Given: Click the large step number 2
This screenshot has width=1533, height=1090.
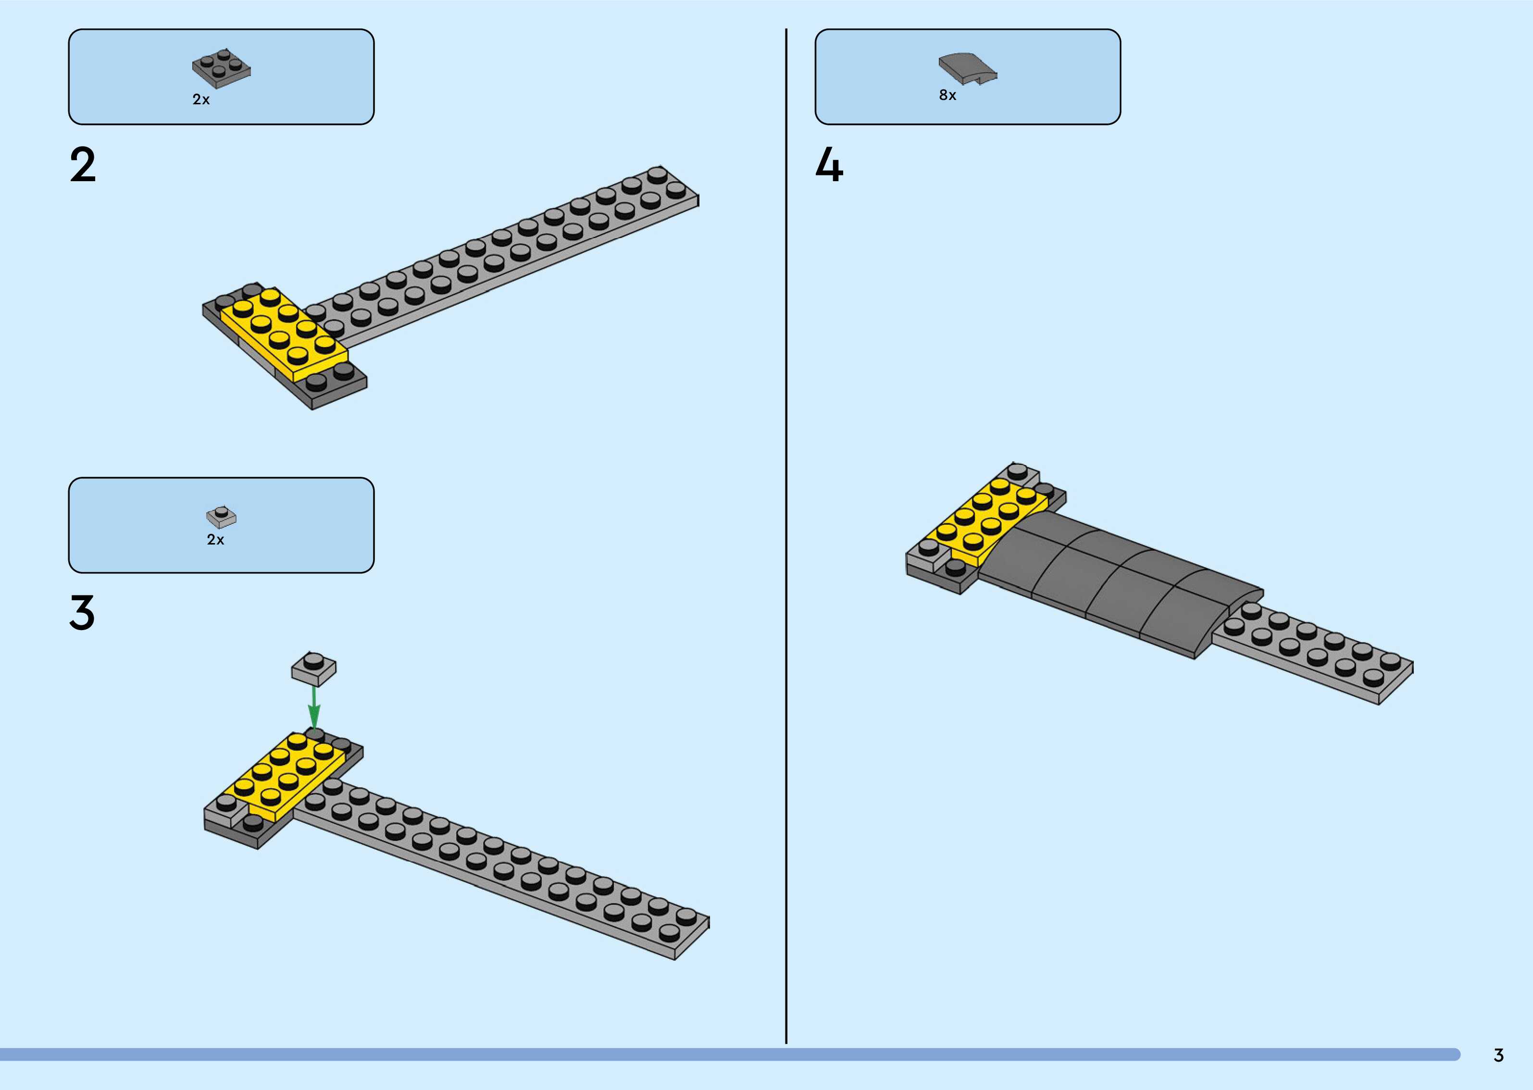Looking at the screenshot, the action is point(83,166).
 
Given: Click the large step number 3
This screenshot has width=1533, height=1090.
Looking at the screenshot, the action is point(82,613).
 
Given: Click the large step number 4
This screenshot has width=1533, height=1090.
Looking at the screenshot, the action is point(830,166).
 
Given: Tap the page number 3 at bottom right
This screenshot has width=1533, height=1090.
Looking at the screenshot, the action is point(1498,1055).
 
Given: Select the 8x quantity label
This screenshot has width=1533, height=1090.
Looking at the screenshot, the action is point(947,95).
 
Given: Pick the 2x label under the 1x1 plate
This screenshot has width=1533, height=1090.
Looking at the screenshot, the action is point(215,540).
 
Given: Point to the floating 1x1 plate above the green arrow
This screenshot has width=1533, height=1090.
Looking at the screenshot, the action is point(313,668).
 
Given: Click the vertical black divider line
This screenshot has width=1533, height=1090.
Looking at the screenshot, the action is point(786,537).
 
